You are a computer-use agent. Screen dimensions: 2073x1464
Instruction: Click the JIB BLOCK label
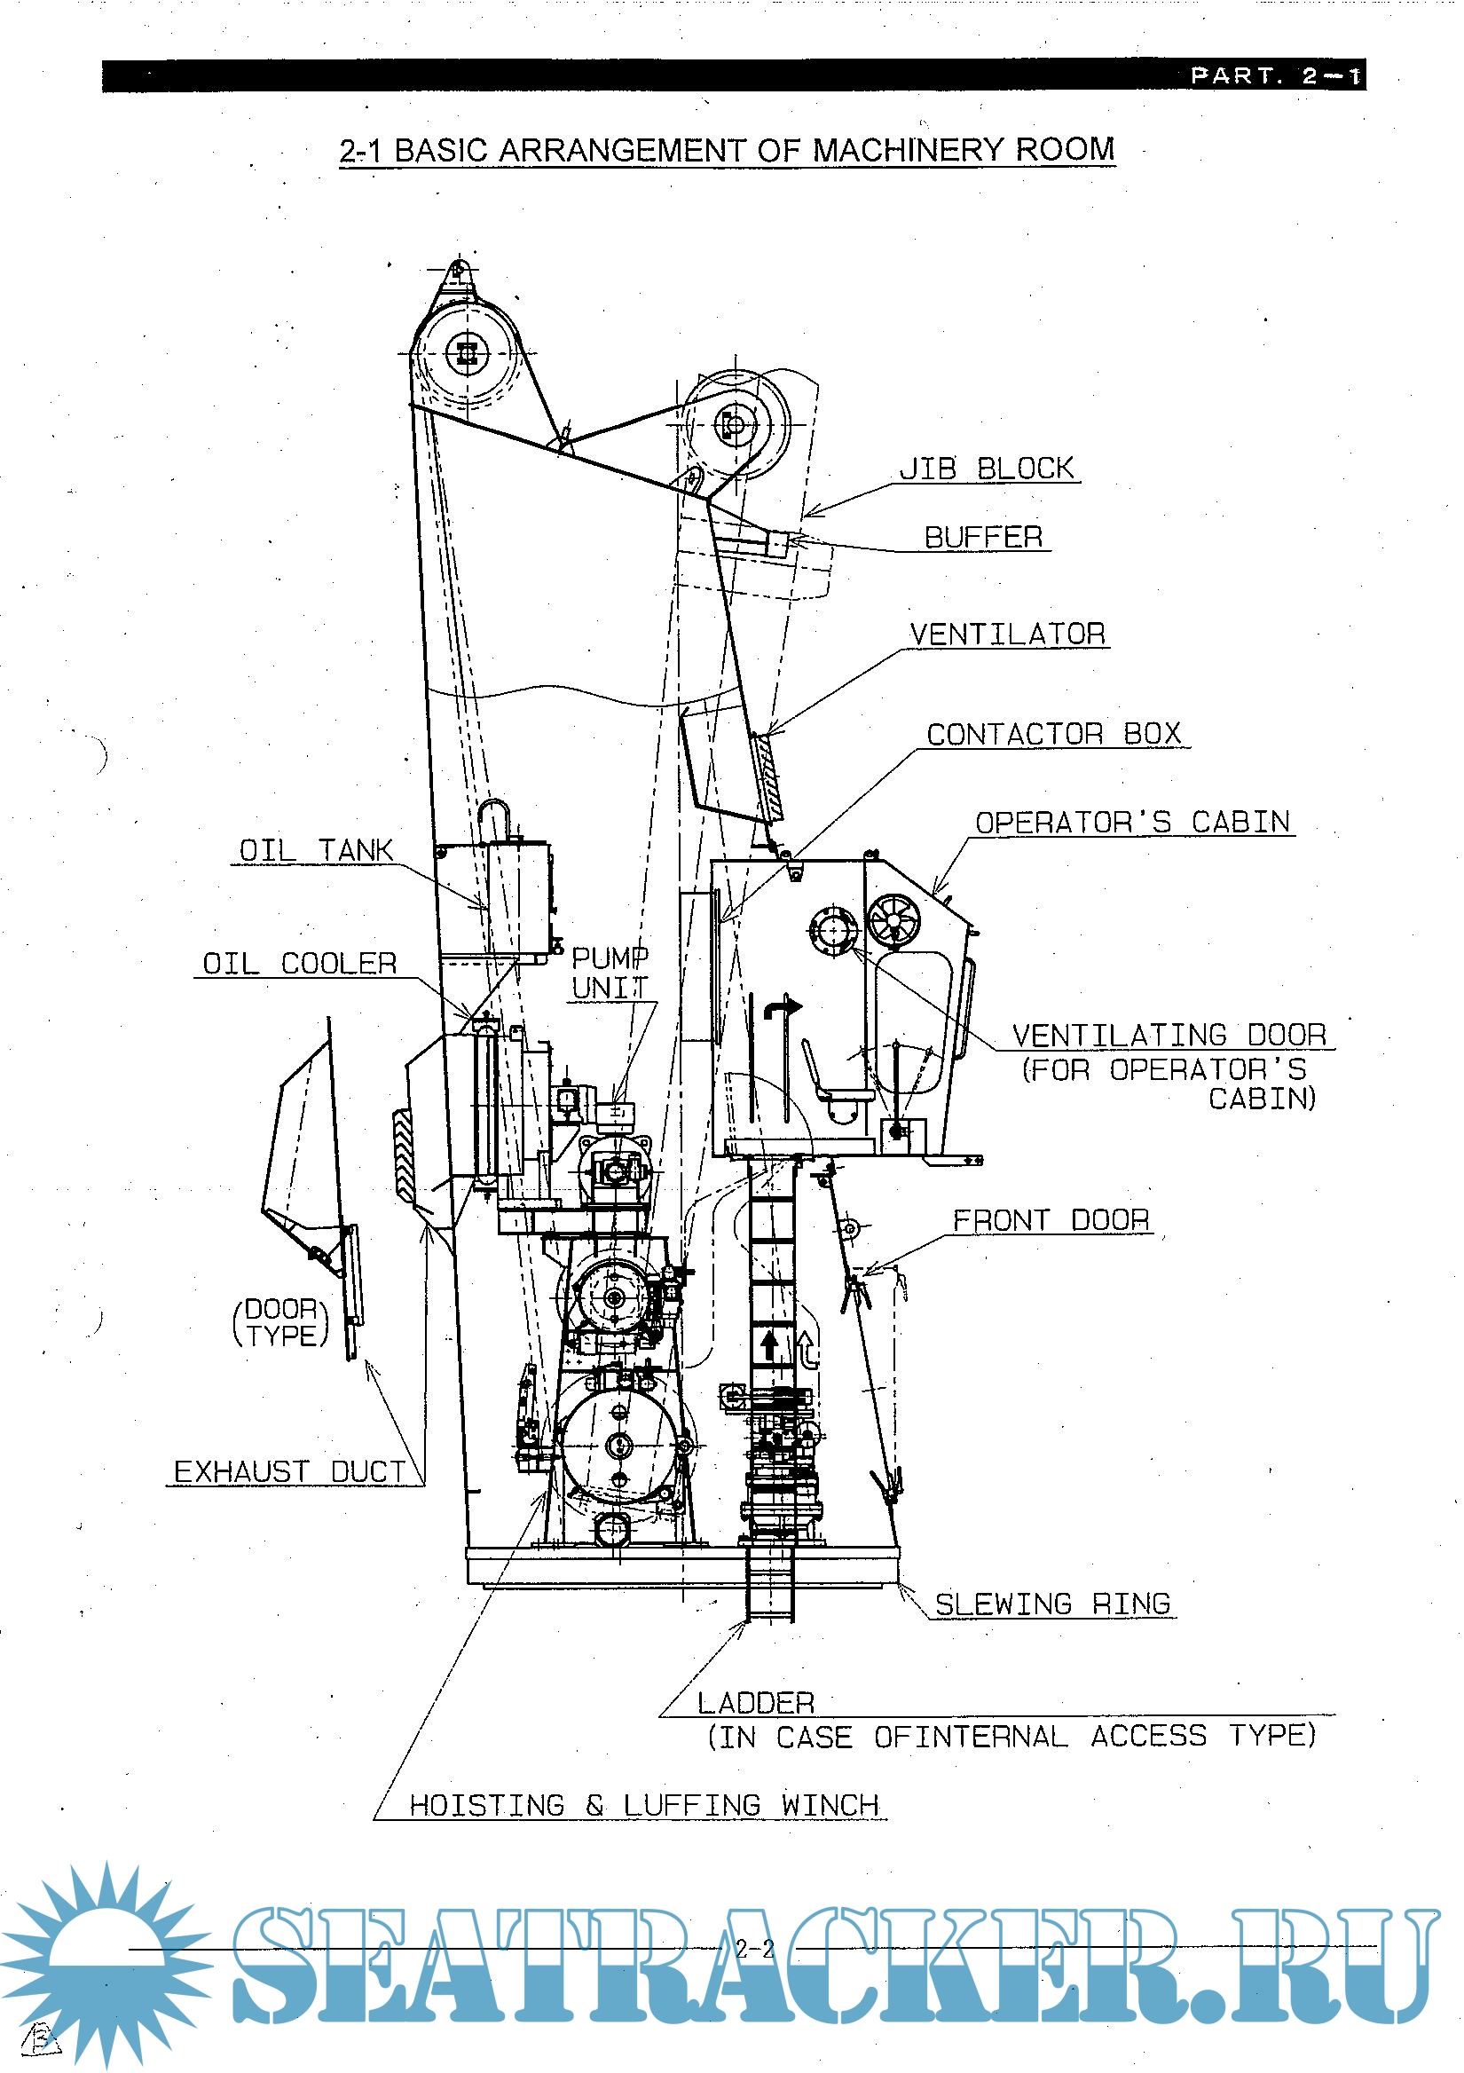[x=987, y=469]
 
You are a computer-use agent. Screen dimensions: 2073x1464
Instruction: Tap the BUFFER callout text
[x=983, y=536]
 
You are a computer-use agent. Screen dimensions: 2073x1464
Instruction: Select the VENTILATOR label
[x=1007, y=634]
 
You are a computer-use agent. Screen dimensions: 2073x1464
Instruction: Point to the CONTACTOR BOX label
[x=1053, y=734]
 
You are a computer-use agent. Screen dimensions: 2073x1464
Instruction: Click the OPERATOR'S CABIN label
[x=1132, y=822]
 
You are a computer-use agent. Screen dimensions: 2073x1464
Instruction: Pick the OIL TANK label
[x=315, y=849]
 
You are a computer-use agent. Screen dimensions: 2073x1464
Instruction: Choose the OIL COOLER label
[x=299, y=964]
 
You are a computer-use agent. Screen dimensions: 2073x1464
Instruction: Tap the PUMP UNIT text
[x=610, y=973]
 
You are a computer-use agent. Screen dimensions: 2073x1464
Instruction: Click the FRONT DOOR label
[x=1051, y=1220]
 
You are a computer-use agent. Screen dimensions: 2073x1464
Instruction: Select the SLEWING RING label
[x=1052, y=1604]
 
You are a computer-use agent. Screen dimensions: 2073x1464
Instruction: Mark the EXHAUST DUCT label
[x=289, y=1471]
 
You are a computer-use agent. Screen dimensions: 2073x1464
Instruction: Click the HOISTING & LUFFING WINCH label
[x=643, y=1805]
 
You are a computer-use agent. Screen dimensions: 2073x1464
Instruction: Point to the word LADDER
[x=755, y=1703]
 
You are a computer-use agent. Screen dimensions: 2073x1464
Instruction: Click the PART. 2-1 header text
[x=1274, y=75]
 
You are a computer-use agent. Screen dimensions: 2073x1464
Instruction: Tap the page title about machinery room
[x=727, y=150]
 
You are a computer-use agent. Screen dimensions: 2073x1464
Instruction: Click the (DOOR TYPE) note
[x=280, y=1322]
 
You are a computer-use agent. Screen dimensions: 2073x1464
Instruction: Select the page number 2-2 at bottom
[x=754, y=1949]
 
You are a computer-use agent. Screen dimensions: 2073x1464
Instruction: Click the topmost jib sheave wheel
[x=466, y=353]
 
